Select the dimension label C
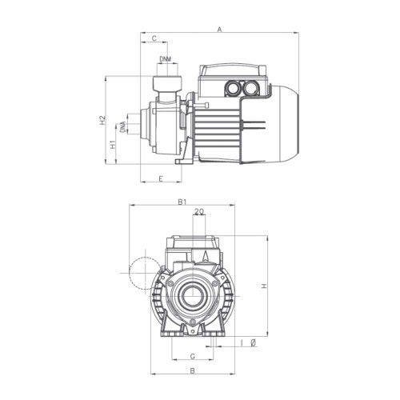[153, 38]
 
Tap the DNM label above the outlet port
[164, 59]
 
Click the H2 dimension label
[102, 121]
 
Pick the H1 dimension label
[113, 145]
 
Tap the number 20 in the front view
[198, 212]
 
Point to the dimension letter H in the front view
[264, 286]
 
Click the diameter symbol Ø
[253, 343]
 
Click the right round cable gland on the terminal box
[257, 87]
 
